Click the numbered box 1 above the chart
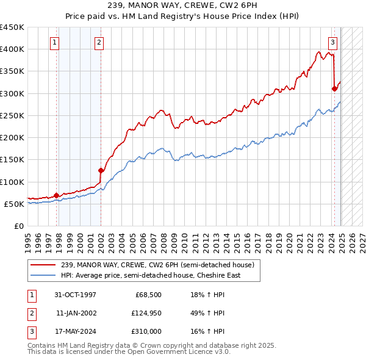click(x=55, y=43)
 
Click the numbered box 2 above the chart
click(x=99, y=43)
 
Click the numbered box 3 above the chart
click(x=332, y=43)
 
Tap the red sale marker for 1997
click(x=57, y=195)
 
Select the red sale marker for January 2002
click(x=101, y=170)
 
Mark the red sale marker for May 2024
click(x=334, y=88)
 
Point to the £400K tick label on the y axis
click(x=12, y=49)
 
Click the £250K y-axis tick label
click(x=12, y=115)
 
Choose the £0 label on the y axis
click(x=20, y=226)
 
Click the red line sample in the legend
click(x=44, y=265)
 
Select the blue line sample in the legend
click(x=44, y=275)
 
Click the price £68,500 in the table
click(x=147, y=295)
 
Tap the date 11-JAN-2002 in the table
click(x=76, y=313)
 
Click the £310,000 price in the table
click(x=147, y=331)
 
